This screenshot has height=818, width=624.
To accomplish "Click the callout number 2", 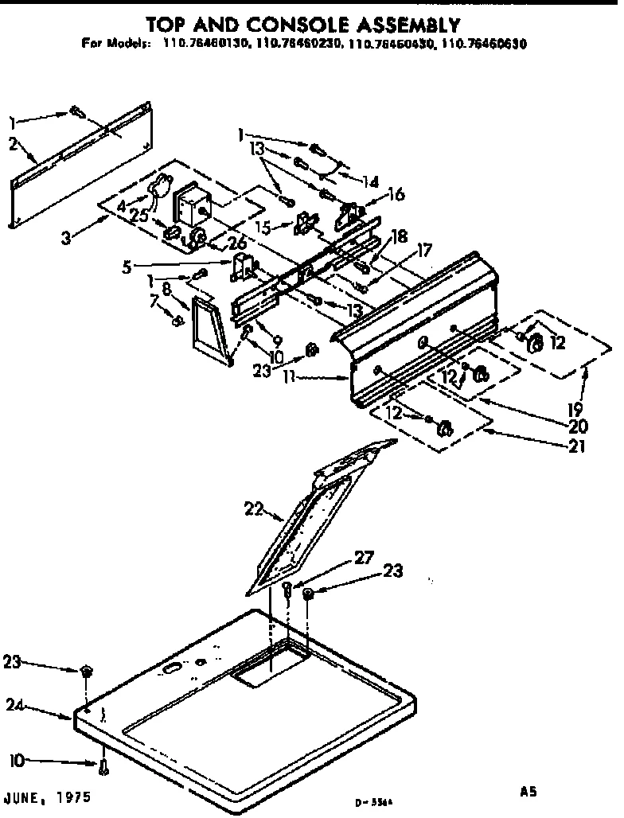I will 14,144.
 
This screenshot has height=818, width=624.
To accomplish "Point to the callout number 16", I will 396,194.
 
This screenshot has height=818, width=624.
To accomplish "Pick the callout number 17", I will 425,250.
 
